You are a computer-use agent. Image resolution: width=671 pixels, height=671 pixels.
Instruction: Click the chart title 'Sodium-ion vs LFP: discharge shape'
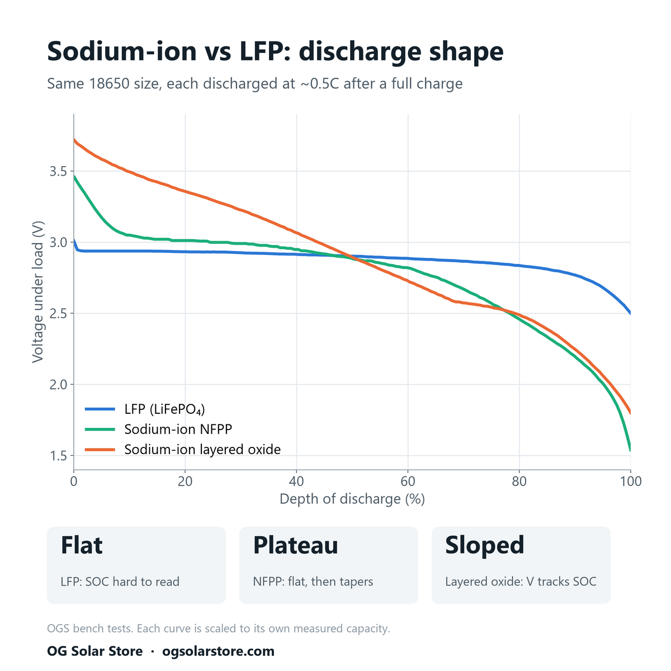pos(275,51)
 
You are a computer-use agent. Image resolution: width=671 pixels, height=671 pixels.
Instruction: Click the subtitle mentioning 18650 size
pos(254,83)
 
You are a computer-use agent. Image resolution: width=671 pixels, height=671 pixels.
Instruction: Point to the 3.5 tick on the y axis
pos(58,171)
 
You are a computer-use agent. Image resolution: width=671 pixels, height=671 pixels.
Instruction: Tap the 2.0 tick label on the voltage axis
pos(58,384)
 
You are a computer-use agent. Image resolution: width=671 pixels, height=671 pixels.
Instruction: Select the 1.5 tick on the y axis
pos(58,456)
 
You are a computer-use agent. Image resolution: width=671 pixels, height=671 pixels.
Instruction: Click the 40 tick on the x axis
pos(296,481)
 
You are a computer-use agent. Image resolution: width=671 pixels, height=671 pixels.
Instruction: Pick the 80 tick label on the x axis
pos(519,481)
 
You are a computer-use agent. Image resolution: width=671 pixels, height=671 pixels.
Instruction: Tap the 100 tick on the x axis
pos(631,481)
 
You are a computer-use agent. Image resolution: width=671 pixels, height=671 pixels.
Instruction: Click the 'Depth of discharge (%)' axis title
pos(352,499)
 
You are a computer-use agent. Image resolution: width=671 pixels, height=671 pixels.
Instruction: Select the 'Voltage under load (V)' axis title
pos(37,292)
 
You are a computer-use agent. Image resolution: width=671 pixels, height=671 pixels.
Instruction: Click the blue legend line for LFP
pos(100,409)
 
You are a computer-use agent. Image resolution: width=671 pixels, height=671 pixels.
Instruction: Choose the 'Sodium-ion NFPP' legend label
pos(178,429)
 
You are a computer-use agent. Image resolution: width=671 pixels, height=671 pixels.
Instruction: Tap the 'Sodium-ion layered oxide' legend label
pos(202,450)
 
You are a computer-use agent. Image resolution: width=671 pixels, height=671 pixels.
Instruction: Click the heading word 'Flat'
pos(82,545)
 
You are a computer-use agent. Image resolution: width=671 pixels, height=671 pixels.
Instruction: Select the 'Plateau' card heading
pos(295,545)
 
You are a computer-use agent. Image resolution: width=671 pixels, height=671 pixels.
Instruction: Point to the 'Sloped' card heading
pos(484,545)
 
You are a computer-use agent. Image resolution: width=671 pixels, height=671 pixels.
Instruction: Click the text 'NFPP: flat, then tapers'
pos(313,582)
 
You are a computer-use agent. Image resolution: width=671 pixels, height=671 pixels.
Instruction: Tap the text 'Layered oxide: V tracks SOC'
pos(521,582)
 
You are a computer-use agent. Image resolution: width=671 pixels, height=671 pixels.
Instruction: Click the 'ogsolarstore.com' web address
pos(218,651)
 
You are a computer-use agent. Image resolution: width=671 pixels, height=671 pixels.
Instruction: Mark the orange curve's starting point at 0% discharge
pos(74,139)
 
